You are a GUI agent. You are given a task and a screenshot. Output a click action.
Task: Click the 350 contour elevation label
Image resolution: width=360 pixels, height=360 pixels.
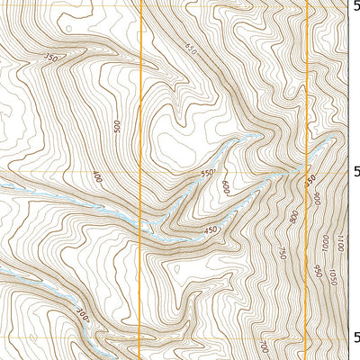pos(50,58)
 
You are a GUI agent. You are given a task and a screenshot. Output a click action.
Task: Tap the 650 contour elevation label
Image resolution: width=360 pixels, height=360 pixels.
pos(190,48)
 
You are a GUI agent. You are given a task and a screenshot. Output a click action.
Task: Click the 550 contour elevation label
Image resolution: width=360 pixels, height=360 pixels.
pos(209,173)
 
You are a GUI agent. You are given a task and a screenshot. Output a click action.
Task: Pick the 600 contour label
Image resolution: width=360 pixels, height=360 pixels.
pos(225,187)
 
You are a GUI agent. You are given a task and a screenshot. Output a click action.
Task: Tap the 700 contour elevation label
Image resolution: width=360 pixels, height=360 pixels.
pos(263,346)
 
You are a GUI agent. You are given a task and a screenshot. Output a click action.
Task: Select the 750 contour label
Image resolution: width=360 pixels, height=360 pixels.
pos(282,254)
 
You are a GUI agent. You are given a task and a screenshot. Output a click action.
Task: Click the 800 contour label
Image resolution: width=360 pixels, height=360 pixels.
pos(293,217)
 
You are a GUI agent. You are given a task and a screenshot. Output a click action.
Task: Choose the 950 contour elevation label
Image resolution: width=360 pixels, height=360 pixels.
pos(318,269)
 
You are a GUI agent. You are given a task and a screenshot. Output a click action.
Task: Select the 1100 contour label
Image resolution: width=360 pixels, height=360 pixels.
pos(339,240)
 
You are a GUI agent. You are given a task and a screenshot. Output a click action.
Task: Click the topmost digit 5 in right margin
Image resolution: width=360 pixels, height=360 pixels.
pos(354,5)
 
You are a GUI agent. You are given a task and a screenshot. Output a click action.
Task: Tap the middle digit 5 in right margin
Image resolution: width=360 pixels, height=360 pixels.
pos(354,170)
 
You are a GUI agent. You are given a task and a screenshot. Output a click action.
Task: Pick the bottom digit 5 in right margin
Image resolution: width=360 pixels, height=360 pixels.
pos(354,337)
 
